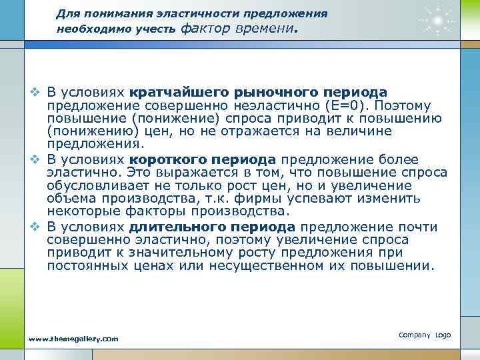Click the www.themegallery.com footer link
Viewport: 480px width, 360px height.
74,339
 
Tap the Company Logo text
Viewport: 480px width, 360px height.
425,335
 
